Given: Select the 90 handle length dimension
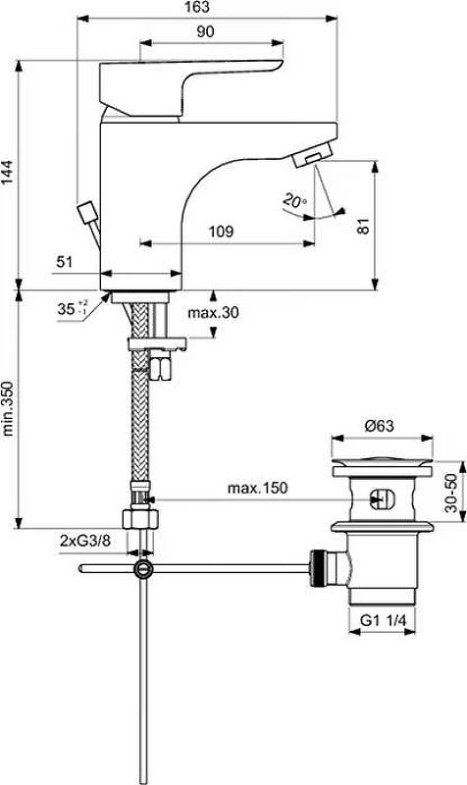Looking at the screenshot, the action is tap(205, 32).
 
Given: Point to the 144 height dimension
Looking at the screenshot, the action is tap(8, 174).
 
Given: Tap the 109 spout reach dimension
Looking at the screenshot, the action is tap(221, 232).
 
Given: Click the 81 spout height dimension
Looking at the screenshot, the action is tap(364, 226).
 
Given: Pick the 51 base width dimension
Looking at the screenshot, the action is tap(65, 262).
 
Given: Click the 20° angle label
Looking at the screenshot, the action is tap(295, 201).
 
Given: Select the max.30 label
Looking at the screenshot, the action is tap(213, 313).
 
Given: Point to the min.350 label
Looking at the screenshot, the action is tap(8, 408).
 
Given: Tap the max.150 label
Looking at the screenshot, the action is tap(258, 488).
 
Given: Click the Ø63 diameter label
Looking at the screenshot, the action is tap(380, 426).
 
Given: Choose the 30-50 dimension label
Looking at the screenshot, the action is tap(452, 493).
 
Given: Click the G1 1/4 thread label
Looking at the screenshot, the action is tap(383, 621).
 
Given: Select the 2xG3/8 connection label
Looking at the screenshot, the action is tap(84, 541).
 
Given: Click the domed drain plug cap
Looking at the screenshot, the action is tap(383, 461).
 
